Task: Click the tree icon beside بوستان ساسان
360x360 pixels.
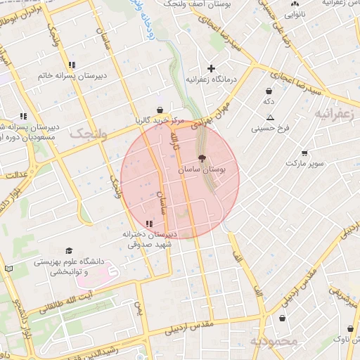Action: tap(203, 159)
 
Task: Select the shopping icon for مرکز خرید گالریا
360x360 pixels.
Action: tap(162, 110)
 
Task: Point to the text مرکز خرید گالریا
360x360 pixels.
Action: tap(160, 121)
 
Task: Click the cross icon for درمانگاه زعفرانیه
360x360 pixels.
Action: tap(210, 68)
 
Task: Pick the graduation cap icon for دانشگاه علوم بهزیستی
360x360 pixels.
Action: tap(69, 251)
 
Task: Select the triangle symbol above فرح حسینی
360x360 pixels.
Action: tap(270, 117)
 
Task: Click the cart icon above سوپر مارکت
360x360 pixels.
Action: tap(304, 153)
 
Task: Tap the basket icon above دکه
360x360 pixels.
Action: tap(269, 91)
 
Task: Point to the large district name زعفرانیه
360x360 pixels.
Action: tap(337, 112)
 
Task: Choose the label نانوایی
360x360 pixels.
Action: tap(294, 13)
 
